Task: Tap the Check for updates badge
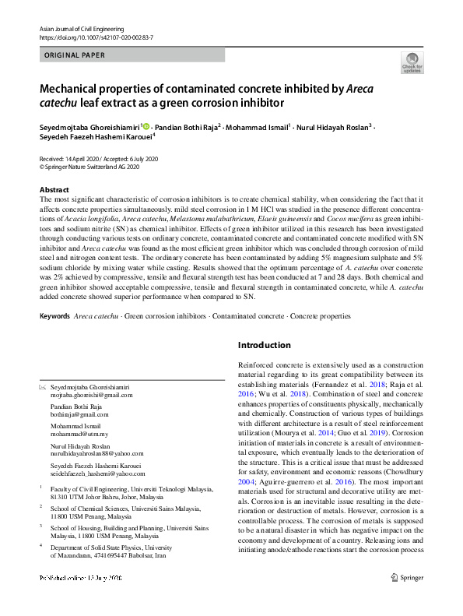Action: (x=412, y=63)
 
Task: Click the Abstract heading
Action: (x=54, y=190)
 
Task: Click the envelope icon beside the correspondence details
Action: (x=43, y=387)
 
